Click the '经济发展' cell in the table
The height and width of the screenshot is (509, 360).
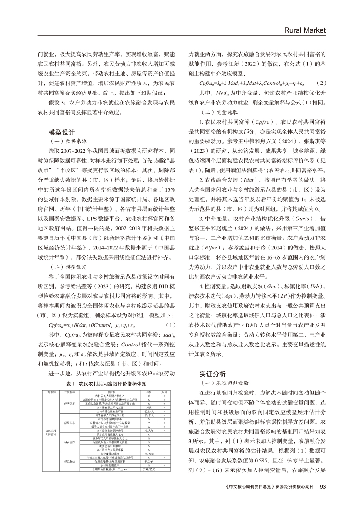[70, 404]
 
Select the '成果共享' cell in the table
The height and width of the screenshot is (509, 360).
[70, 422]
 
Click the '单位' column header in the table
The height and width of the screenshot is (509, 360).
[149, 392]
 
